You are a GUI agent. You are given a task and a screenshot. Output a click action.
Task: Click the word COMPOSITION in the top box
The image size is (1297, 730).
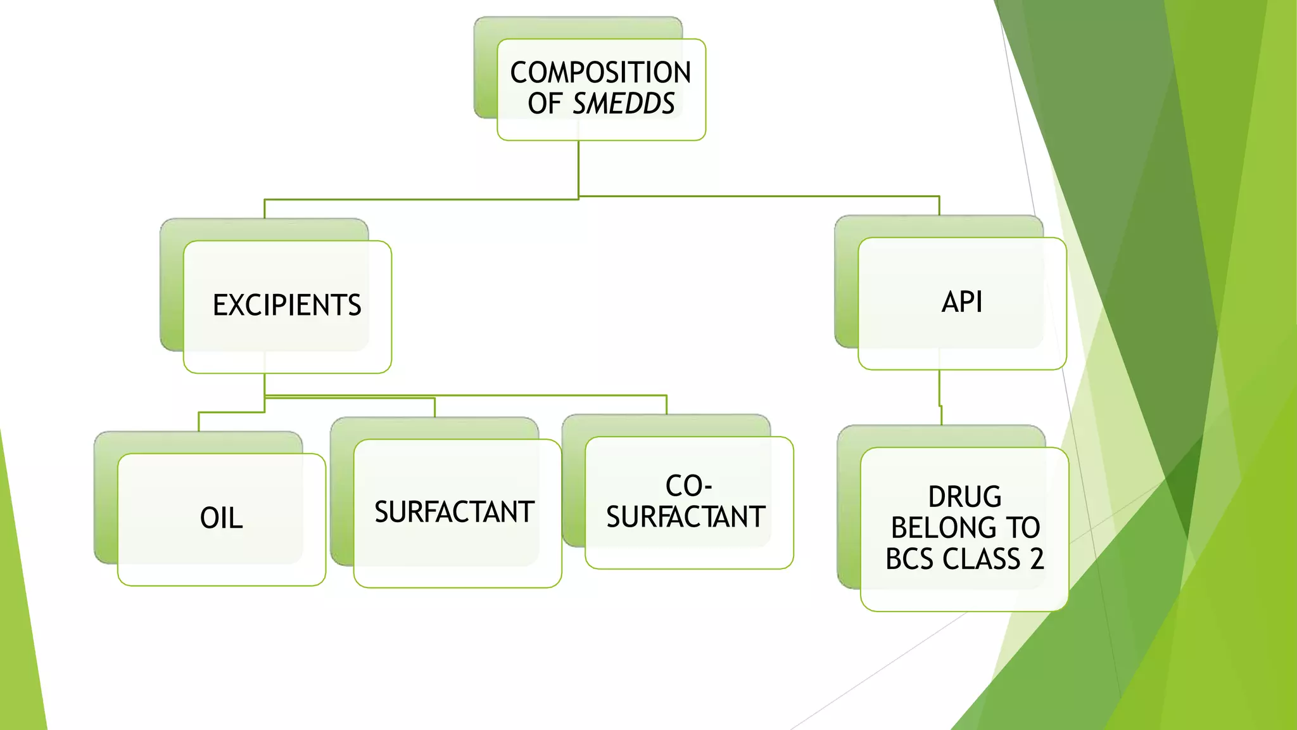click(600, 72)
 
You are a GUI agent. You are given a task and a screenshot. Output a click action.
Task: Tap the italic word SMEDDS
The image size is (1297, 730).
click(624, 104)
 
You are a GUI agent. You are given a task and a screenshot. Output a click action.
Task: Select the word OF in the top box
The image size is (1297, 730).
click(545, 104)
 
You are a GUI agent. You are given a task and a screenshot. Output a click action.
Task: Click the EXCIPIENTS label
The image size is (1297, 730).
click(287, 305)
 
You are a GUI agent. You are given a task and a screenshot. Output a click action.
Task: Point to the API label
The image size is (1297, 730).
click(962, 302)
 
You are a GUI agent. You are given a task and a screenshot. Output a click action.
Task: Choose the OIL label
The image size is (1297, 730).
click(221, 518)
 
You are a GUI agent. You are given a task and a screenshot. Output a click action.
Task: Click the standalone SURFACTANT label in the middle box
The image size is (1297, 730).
click(454, 512)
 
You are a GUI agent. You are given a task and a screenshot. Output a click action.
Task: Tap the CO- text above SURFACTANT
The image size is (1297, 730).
click(688, 487)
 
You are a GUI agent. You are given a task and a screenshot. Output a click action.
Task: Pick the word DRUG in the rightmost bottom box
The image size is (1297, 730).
click(965, 497)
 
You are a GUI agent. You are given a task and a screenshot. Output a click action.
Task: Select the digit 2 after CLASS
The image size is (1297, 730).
click(1036, 559)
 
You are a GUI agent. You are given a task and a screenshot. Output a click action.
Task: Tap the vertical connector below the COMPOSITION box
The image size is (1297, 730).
click(578, 168)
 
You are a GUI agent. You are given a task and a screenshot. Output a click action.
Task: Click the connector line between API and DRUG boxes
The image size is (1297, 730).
click(939, 388)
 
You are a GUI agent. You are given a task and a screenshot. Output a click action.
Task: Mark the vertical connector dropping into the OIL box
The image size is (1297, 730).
click(199, 422)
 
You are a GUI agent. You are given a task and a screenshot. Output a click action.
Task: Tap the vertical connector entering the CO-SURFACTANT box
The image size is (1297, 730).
click(666, 405)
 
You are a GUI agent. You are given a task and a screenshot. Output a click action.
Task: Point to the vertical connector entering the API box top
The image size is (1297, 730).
click(939, 206)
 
